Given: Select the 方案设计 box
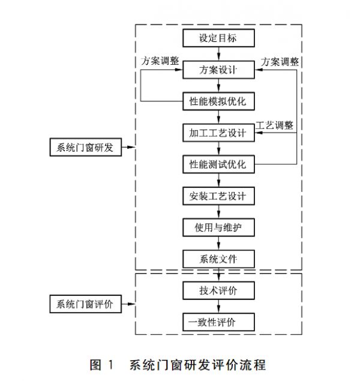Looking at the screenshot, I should coord(218,70).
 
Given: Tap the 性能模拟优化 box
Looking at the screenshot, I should coord(218,101).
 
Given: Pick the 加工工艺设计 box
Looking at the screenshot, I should coord(218,133).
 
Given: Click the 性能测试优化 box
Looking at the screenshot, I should coord(218,164).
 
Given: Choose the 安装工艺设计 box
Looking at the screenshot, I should coord(218,196).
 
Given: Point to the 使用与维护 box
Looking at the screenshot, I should coord(218,227).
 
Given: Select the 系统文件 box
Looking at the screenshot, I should coord(218,259).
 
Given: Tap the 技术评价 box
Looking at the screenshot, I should coord(218,290).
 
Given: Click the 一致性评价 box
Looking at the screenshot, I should coord(218,322).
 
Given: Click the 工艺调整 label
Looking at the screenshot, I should coord(275,125).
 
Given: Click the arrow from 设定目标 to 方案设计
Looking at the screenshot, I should coord(218,54).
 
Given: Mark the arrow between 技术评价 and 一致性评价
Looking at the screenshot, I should coord(218,306).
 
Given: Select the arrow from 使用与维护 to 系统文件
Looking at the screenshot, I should coord(218,243).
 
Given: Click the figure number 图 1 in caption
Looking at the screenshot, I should coord(101,364).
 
